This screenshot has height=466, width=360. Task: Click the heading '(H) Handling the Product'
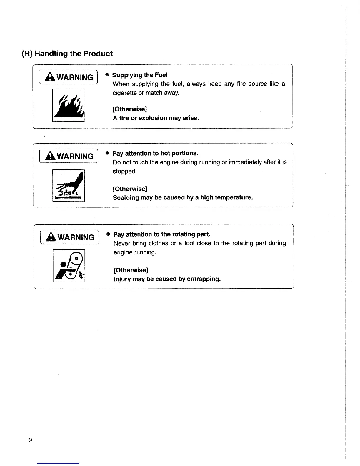[x=67, y=54]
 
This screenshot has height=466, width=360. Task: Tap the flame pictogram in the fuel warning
[x=69, y=105]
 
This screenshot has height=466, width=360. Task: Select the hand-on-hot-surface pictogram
[x=69, y=186]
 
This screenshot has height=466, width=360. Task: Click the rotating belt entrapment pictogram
[x=69, y=266]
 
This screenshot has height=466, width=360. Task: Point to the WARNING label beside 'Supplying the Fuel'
[x=68, y=77]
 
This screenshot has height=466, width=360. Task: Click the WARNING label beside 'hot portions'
[x=69, y=156]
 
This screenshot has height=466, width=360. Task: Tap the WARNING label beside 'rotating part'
[x=69, y=237]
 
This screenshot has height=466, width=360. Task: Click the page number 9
[x=30, y=440]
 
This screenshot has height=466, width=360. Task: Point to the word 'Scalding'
[x=126, y=197]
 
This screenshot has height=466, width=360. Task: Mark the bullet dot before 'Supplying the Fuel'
[x=107, y=75]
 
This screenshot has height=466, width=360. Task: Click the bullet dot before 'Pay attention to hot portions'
[x=108, y=153]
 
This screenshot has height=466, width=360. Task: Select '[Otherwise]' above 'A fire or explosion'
[x=130, y=109]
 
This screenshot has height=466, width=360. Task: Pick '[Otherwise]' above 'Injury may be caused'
[x=131, y=270]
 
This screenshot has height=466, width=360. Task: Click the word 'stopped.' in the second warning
[x=125, y=171]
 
